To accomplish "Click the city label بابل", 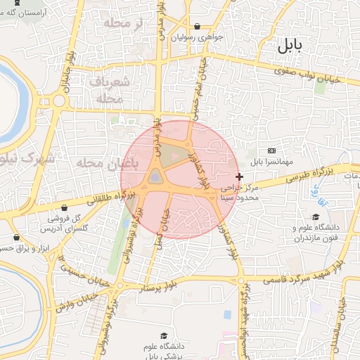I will click(288, 47).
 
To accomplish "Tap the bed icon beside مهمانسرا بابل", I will click(272, 151).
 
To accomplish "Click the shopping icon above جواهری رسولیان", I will click(197, 26).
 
